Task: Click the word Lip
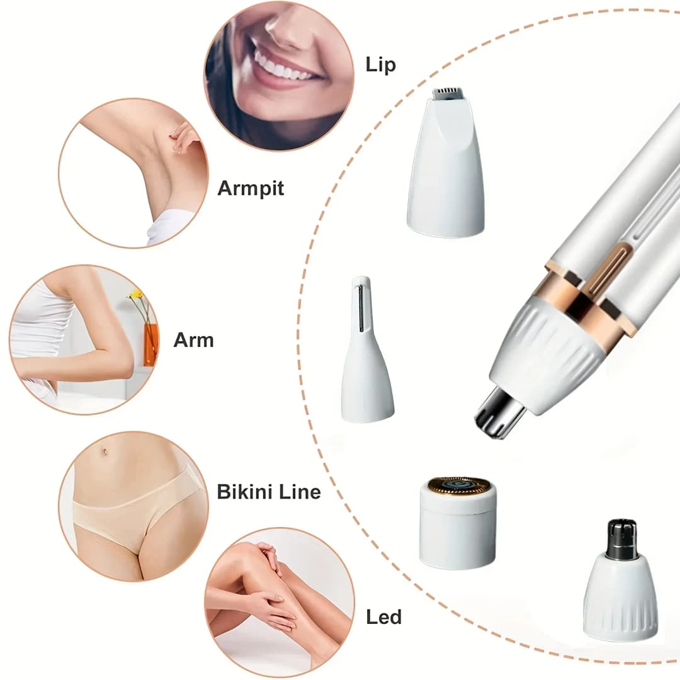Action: pos(380,65)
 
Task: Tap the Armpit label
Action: pos(251,188)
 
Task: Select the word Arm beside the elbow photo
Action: pos(193,340)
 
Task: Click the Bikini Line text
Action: pos(269,492)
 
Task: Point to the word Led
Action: pos(383,617)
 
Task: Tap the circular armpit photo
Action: pos(133,173)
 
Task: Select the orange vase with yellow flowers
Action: pos(150,343)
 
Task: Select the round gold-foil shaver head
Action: pos(458,485)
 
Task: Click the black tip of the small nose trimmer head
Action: pos(621,538)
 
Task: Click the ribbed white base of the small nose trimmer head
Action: pos(620,598)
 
